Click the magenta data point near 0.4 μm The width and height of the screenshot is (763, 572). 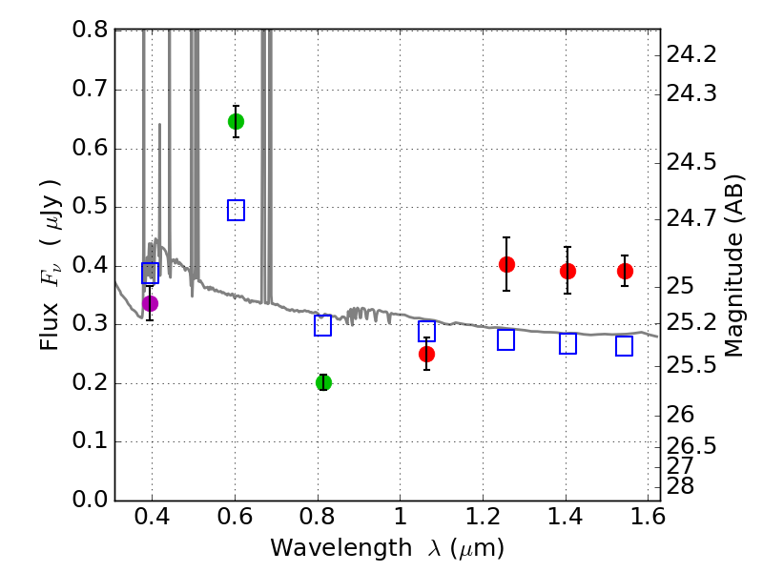click(x=150, y=303)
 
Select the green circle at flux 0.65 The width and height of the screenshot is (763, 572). click(x=236, y=121)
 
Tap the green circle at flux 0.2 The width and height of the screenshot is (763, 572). click(x=323, y=382)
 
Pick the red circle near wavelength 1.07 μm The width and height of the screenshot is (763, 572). click(x=426, y=354)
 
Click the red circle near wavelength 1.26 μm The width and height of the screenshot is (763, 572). click(x=506, y=264)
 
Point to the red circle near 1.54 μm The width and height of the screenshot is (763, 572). click(x=625, y=271)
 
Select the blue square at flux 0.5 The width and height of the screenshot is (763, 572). click(x=236, y=210)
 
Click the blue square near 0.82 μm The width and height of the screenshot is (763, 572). click(x=322, y=325)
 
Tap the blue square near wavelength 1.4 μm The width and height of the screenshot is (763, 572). click(x=567, y=344)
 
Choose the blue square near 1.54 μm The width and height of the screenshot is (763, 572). click(x=624, y=346)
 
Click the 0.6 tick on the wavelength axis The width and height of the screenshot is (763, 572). click(x=235, y=520)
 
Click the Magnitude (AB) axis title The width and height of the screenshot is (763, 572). click(x=733, y=265)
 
